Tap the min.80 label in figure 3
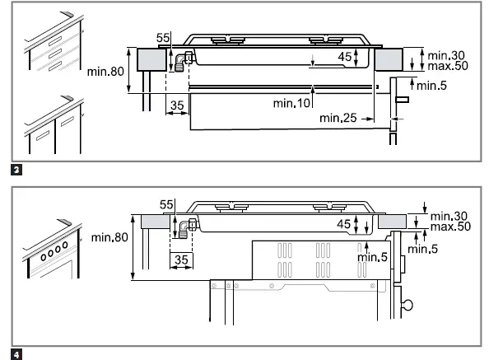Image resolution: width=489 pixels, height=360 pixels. [105, 72]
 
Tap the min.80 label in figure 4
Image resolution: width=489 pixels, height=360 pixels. [110, 238]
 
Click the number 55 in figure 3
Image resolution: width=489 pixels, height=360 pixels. [163, 37]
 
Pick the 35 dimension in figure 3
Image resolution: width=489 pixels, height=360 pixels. [177, 105]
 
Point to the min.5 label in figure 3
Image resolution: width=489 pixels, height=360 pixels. [432, 85]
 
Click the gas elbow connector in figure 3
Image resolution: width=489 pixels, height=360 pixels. [183, 60]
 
